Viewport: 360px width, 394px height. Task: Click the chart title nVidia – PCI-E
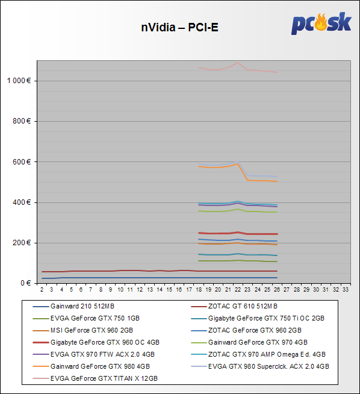coord(179,27)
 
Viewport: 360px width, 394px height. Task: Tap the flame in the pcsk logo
coord(321,22)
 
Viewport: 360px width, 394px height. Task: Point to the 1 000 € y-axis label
coord(19,81)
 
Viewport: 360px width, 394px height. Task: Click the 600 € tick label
coord(22,162)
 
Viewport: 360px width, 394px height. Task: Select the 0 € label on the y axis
coord(26,283)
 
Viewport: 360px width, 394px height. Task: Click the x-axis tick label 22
coord(237,290)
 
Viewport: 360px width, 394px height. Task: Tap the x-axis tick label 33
coord(346,290)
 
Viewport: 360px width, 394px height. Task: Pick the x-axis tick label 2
coord(42,290)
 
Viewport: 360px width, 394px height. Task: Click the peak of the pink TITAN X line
coord(238,63)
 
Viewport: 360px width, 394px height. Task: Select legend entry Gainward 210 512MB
coord(82,306)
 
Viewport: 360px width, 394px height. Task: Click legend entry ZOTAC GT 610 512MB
coord(243,306)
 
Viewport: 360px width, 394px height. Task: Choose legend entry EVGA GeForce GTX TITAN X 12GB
coord(104,378)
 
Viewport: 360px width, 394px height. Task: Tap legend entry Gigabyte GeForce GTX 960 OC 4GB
coord(105,342)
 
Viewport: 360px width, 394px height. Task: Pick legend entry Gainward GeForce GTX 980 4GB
coord(100,366)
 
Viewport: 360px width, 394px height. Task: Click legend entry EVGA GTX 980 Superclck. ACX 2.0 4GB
coord(268,366)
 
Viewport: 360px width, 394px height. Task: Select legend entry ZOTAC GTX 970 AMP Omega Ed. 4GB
coord(267,354)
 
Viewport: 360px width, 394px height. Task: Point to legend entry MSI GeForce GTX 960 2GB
coord(92,330)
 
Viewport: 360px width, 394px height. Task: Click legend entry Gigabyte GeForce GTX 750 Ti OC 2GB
coord(266,318)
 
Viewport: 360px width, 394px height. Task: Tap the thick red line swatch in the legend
coord(41,342)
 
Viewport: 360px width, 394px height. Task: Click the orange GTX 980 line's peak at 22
coord(237,164)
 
